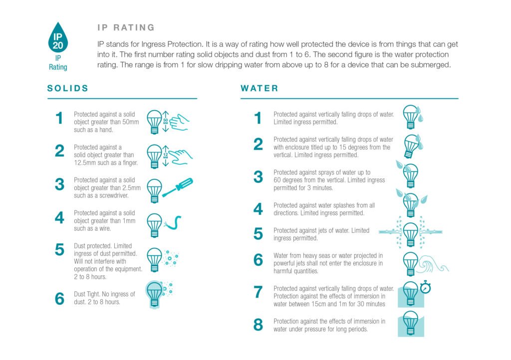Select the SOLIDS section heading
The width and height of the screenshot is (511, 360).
[x=68, y=88]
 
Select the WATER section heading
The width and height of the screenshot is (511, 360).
[x=259, y=88]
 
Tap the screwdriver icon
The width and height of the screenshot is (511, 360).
[x=178, y=188]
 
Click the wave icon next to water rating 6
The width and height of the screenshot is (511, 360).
[x=433, y=262]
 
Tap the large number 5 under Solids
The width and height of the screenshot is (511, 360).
[x=59, y=249]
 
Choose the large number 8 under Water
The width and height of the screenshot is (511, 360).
[x=258, y=325]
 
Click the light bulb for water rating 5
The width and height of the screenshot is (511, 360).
[x=410, y=233]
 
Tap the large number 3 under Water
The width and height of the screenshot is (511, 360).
[x=258, y=177]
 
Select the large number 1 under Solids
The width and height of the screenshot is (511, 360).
[x=59, y=118]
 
